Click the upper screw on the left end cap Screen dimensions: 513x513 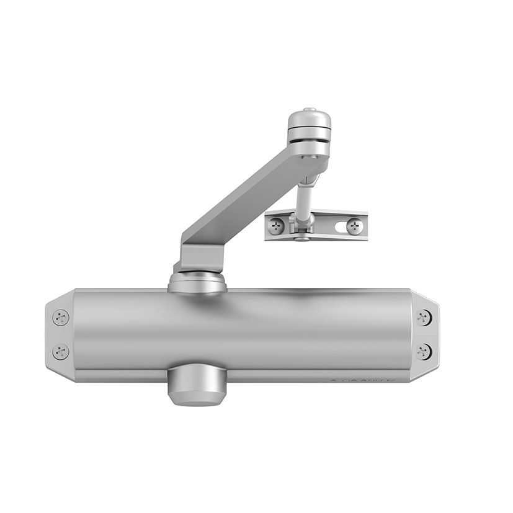pyautogui.click(x=61, y=318)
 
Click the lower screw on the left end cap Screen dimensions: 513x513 pyautogui.click(x=61, y=352)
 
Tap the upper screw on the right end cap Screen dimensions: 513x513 pyautogui.click(x=423, y=318)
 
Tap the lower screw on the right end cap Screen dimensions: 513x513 pyautogui.click(x=423, y=352)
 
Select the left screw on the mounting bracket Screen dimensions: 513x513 pyautogui.click(x=277, y=226)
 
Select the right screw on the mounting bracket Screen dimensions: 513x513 pyautogui.click(x=354, y=226)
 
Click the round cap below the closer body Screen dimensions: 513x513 pyautogui.click(x=195, y=387)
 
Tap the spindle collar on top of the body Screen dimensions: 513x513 pyautogui.click(x=197, y=283)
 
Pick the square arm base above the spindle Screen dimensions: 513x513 pyautogui.click(x=201, y=258)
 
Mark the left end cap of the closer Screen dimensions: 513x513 pyautogui.click(x=59, y=335)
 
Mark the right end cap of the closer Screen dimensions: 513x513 pyautogui.click(x=425, y=335)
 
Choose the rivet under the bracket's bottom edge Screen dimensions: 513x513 pyautogui.click(x=301, y=239)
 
